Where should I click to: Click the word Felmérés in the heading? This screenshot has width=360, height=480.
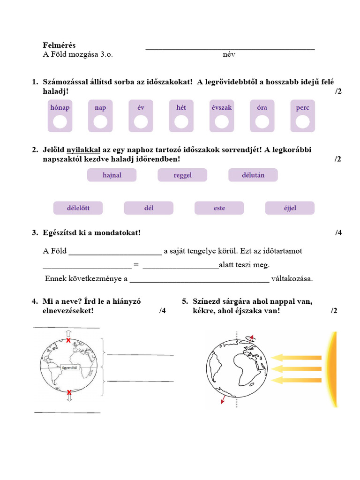click(59, 45)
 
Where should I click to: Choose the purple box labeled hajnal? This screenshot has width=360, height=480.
click(112, 175)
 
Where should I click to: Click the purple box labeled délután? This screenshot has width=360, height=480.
click(253, 175)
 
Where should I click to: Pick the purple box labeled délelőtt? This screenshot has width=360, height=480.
click(78, 208)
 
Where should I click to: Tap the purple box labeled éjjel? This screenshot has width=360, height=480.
click(290, 208)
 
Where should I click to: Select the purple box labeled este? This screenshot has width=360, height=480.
click(219, 208)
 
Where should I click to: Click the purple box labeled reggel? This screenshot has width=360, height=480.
click(182, 175)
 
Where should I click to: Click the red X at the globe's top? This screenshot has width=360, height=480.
click(69, 340)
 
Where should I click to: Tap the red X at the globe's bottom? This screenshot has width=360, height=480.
click(69, 392)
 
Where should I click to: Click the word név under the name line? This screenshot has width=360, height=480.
click(229, 54)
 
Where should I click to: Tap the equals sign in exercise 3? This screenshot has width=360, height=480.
click(136, 265)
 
